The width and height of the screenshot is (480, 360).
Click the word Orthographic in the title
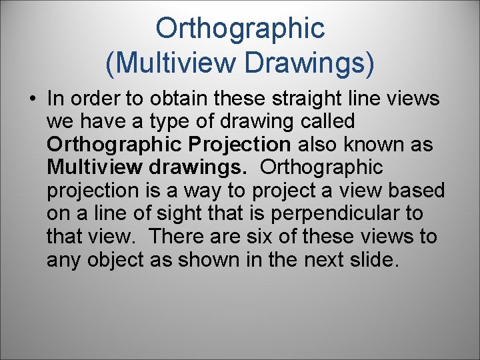pos(240,28)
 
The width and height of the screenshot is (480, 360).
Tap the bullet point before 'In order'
pos(32,99)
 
